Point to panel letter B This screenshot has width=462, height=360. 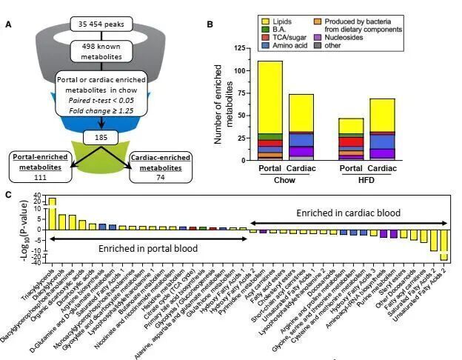click(x=210, y=24)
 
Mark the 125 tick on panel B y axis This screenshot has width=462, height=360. click(x=238, y=48)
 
